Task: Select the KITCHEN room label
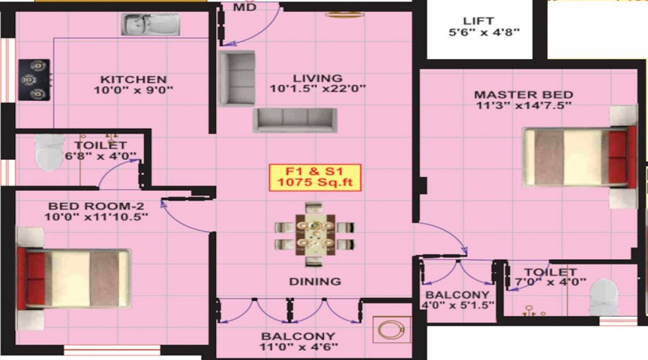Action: [133, 78]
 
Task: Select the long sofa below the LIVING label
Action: [294, 120]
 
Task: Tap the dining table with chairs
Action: [315, 234]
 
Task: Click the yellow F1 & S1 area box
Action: [314, 176]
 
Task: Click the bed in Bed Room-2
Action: [74, 276]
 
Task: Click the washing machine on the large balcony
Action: [389, 330]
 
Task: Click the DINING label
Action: [315, 281]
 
